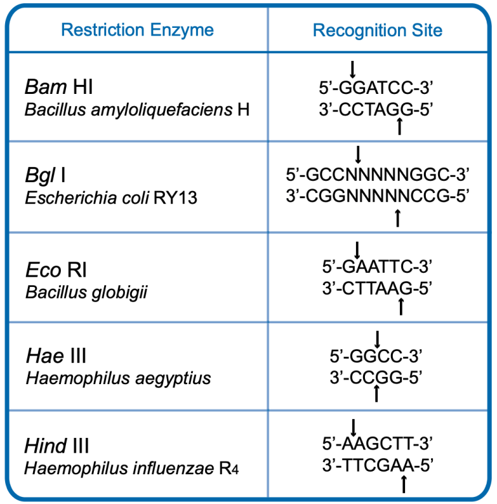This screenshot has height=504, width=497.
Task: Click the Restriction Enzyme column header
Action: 137,30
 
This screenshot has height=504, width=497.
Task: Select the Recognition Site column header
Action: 377,30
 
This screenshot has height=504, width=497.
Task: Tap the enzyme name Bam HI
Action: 59,87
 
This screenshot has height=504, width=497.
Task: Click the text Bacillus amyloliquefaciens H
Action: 137,110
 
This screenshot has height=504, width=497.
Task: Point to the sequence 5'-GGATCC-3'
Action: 376,87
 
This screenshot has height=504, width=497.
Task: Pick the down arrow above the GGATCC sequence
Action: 353,69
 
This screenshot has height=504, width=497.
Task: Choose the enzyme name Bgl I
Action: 45,175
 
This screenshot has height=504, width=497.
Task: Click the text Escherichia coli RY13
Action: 111,198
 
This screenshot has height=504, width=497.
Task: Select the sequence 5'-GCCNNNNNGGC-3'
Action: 377,174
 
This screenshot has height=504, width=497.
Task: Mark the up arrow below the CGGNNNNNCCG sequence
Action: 398,218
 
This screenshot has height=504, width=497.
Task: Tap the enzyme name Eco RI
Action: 56,269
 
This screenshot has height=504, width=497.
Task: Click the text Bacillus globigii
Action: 86,293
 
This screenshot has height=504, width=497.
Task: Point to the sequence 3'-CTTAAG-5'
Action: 377,288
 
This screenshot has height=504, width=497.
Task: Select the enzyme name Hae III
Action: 56,356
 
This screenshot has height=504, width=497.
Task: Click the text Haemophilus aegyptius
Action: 118,378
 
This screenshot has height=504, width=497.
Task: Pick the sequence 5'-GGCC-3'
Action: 376,356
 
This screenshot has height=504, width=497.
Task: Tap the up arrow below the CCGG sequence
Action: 377,393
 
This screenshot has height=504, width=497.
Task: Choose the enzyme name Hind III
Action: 56,446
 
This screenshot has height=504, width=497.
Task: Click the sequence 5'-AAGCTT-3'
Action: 377,444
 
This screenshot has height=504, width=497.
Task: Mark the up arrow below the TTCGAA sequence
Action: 404,484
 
